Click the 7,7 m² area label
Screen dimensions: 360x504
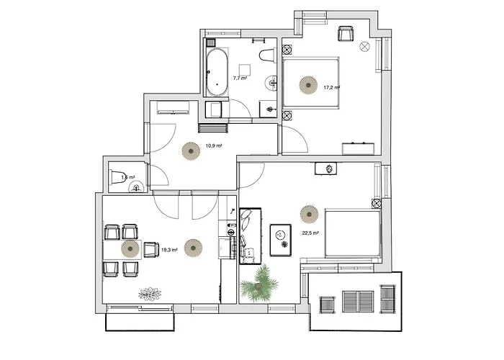[x=240, y=77]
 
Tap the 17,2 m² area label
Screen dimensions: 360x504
[x=331, y=87]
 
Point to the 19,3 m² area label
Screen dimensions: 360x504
[x=169, y=250]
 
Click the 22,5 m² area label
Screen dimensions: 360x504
[x=311, y=233]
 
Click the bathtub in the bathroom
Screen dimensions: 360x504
[x=217, y=72]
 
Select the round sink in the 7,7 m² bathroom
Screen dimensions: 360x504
[x=271, y=81]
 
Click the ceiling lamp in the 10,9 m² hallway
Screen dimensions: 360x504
[x=190, y=150]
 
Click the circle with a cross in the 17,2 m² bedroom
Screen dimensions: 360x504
[x=364, y=46]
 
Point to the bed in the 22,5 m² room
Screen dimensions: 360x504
[x=353, y=232]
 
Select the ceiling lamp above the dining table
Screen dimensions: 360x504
[x=130, y=248]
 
